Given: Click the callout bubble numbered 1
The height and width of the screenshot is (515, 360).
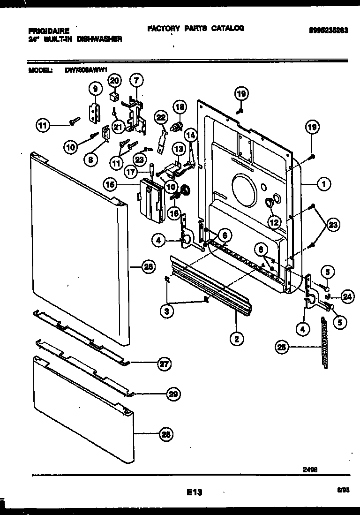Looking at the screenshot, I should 322,184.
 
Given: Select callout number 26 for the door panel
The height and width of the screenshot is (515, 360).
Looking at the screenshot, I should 148,268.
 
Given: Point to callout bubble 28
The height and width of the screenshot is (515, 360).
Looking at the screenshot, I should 165,434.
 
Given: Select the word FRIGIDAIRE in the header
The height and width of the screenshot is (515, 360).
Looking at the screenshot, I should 49,30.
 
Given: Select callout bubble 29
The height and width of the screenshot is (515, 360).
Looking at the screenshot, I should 173,394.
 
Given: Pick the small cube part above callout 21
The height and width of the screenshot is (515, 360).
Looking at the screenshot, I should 113,97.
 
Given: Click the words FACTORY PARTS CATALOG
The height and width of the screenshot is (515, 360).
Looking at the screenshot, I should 195,28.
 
